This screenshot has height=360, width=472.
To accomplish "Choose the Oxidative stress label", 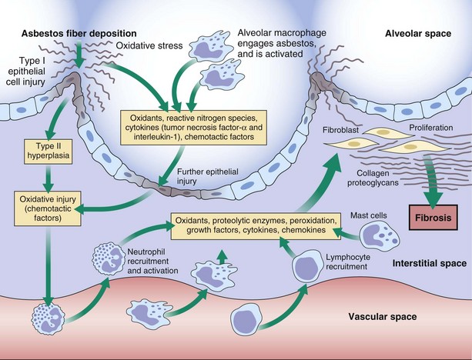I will click(x=143, y=46).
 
